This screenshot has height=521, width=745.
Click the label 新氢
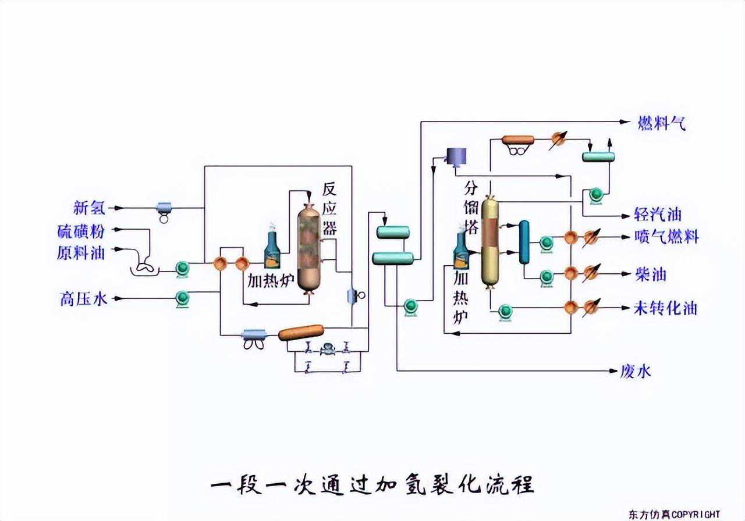[x=89, y=208]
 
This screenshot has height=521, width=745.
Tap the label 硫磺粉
[x=81, y=231]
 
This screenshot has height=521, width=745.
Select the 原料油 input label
[x=81, y=253]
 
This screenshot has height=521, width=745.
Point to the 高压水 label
[x=83, y=299]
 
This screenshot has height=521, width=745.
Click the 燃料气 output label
[x=662, y=123]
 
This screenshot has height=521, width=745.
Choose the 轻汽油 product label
[x=658, y=215]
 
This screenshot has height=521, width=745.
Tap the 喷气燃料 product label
[x=666, y=237]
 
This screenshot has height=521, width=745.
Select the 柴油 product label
[x=650, y=274]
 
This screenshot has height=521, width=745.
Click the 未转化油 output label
[x=665, y=308]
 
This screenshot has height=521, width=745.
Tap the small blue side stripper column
[x=524, y=241]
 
